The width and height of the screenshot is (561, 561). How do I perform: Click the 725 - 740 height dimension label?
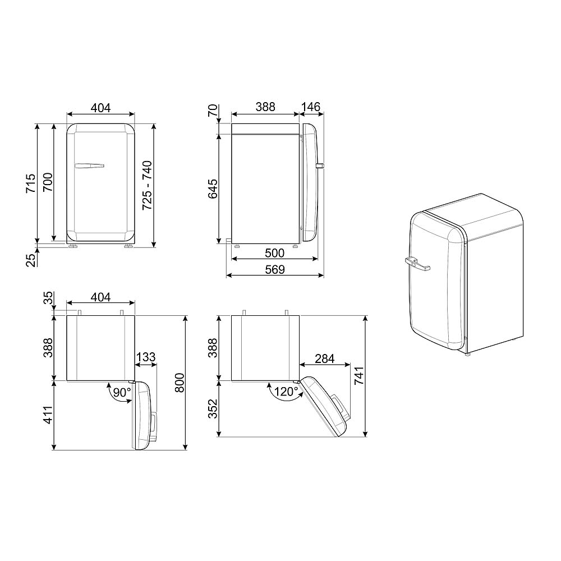(147, 186)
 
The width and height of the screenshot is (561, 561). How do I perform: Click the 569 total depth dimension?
(275, 270)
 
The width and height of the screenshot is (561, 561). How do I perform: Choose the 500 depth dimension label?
(275, 253)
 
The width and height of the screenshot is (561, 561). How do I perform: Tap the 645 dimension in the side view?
(214, 186)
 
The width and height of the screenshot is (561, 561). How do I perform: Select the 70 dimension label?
(214, 111)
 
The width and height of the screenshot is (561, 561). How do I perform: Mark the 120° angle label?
(286, 392)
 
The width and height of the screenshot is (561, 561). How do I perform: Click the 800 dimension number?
(180, 383)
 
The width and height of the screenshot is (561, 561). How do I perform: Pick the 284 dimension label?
(325, 357)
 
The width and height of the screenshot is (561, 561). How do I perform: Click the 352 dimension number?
(214, 408)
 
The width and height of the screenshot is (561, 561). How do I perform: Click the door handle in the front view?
(89, 165)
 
